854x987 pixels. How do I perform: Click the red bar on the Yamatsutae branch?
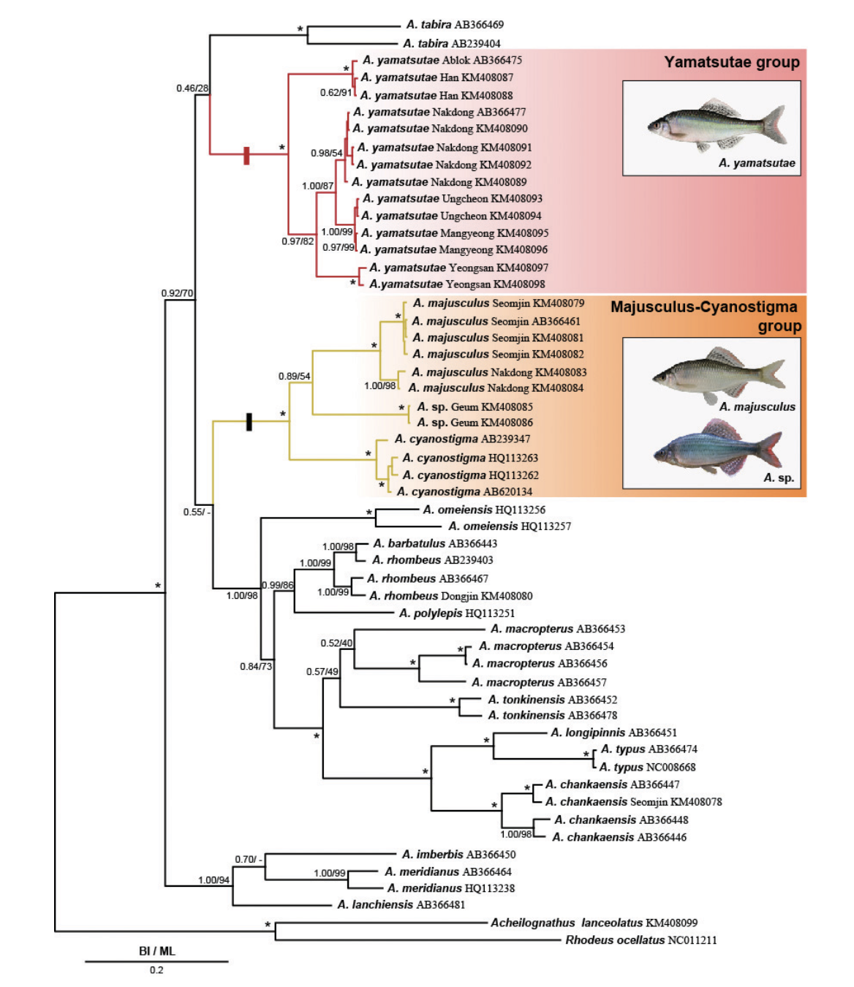click(246, 155)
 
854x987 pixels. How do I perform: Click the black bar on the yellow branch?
click(249, 422)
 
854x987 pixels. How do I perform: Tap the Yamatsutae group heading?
click(731, 63)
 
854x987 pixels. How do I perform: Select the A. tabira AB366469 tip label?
click(455, 25)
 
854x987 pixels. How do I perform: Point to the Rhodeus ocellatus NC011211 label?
click(640, 940)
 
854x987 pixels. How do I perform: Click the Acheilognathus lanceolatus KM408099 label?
click(594, 923)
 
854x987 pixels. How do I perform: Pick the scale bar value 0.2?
click(156, 970)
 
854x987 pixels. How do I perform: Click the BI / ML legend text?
click(156, 951)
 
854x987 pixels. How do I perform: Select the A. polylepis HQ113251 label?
click(457, 613)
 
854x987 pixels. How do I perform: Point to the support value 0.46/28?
click(192, 88)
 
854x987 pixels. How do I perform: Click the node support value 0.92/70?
click(177, 293)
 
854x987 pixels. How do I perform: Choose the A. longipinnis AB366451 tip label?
click(613, 733)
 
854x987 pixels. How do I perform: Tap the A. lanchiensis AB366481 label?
click(401, 905)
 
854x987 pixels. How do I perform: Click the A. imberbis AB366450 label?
click(458, 855)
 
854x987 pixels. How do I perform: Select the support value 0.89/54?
click(294, 377)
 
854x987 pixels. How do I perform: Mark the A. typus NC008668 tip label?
click(647, 767)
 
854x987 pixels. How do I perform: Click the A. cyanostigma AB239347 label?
click(462, 439)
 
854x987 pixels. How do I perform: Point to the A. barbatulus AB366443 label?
click(435, 544)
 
